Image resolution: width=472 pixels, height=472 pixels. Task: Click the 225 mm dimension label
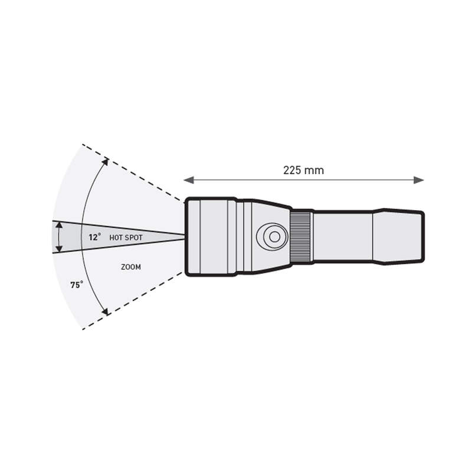tap(303, 171)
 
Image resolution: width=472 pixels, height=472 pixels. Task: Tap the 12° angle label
tap(94, 237)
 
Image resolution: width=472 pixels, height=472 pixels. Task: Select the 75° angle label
tap(77, 284)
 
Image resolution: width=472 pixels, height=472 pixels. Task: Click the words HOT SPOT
tap(126, 238)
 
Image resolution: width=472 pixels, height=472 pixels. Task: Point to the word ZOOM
tap(130, 267)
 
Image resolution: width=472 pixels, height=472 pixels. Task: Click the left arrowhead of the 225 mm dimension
tap(188, 180)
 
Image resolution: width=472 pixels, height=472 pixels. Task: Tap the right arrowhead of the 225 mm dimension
tap(419, 180)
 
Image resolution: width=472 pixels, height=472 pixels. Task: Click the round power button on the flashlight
tap(272, 237)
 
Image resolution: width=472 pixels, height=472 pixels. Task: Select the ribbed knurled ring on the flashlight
tap(301, 237)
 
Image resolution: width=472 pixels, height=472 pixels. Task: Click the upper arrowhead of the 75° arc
tap(105, 162)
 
